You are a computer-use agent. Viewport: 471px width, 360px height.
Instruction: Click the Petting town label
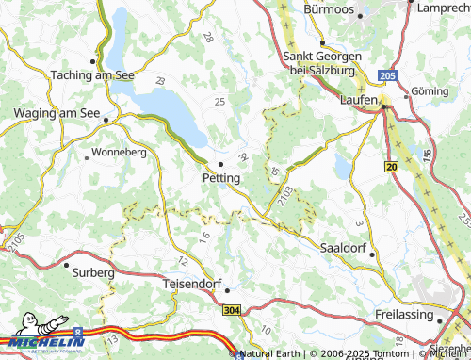tap(220, 177)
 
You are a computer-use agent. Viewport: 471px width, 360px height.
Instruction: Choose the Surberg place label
tap(92, 272)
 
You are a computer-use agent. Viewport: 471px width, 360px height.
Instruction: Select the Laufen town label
tap(360, 98)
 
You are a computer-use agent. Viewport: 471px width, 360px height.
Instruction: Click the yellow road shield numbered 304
tap(233, 309)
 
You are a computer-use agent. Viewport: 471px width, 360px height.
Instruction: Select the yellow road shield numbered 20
tap(390, 166)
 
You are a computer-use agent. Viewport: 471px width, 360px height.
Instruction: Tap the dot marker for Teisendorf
tap(226, 290)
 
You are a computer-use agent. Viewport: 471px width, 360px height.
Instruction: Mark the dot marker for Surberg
tap(66, 264)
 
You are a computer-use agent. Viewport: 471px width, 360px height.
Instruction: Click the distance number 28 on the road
tap(207, 38)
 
